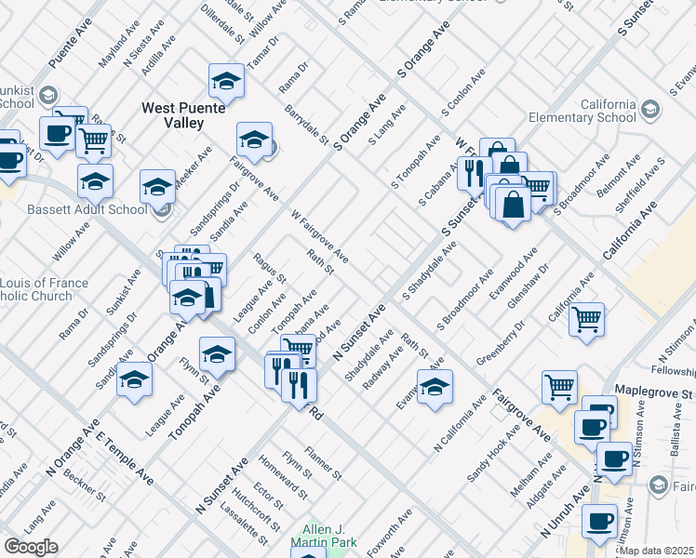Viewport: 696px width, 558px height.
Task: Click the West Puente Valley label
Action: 184,115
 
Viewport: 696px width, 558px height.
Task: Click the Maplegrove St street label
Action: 655,393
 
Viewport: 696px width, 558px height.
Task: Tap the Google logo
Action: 31,547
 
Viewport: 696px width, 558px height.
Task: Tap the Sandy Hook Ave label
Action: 489,455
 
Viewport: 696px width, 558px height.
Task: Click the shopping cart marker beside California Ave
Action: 586,319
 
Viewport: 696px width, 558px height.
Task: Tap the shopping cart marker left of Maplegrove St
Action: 559,386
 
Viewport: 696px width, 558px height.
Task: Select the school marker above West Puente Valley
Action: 225,82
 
